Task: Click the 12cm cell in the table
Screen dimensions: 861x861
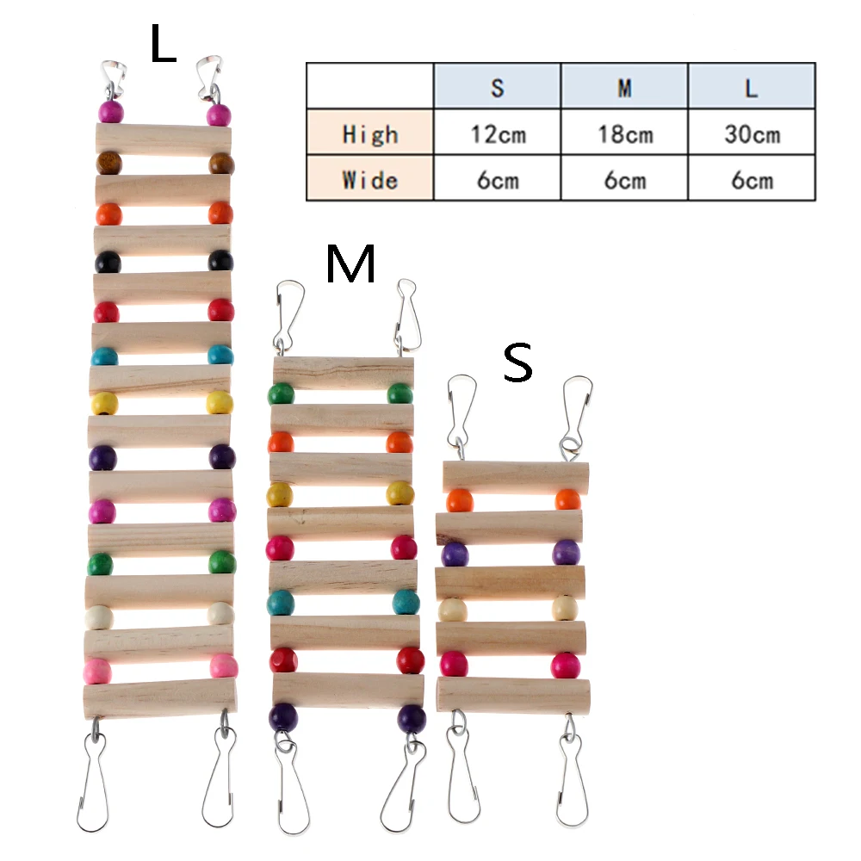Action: [x=498, y=134]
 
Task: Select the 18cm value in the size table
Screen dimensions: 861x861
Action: [x=624, y=134]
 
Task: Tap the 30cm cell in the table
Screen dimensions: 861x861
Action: [x=751, y=134]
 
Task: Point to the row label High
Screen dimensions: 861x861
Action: [x=370, y=134]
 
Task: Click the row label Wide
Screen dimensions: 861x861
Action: [x=370, y=180]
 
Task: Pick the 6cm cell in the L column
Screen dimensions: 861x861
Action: [x=751, y=180]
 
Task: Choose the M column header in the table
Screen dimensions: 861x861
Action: [x=624, y=87]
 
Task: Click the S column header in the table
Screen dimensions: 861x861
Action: [x=498, y=87]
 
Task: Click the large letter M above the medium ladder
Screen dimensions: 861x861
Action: [x=350, y=264]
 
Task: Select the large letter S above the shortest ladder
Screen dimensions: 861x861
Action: [x=517, y=365]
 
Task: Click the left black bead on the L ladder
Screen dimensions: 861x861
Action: [x=108, y=262]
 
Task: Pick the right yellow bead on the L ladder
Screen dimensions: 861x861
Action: [x=220, y=402]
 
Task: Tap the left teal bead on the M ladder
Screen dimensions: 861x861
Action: [x=281, y=602]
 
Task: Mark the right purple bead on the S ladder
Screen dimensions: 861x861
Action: [x=566, y=552]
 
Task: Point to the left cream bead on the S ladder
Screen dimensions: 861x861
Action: [x=452, y=610]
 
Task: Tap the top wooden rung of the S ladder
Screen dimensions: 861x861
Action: [x=516, y=475]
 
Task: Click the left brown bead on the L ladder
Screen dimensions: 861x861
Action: [x=108, y=163]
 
